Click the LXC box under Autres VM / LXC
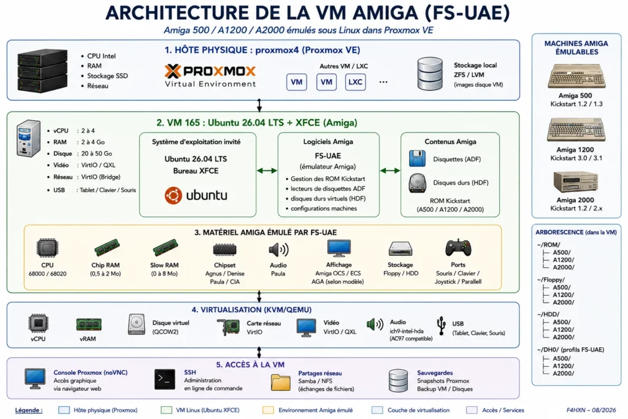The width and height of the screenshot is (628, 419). (x=355, y=82)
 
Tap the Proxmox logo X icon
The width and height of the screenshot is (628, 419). (x=172, y=71)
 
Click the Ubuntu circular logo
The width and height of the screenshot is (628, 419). (x=173, y=196)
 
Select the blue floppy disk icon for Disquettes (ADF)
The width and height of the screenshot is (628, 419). (x=417, y=159)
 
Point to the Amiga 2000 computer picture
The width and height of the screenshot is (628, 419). (x=575, y=182)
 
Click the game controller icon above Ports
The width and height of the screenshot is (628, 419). (x=458, y=248)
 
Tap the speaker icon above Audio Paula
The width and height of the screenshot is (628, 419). (x=278, y=250)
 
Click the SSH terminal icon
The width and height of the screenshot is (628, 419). (x=164, y=379)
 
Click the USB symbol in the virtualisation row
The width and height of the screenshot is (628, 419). (x=441, y=325)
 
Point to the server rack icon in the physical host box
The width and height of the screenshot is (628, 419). (x=42, y=71)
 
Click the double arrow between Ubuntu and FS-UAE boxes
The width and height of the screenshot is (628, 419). (x=267, y=171)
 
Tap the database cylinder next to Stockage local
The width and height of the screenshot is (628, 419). (x=430, y=74)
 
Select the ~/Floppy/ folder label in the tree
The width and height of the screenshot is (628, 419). (x=551, y=280)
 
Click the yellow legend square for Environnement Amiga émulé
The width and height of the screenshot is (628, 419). (x=268, y=410)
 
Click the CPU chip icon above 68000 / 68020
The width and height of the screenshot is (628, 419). (x=47, y=248)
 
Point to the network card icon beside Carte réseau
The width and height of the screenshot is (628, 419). (x=228, y=327)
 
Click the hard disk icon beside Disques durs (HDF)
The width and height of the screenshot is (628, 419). (x=417, y=183)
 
